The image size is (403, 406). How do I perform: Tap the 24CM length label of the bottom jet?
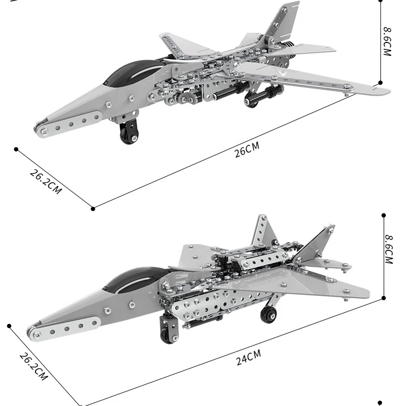(248, 357)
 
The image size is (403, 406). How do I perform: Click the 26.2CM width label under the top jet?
(46, 182)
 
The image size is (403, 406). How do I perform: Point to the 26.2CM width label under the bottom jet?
(33, 366)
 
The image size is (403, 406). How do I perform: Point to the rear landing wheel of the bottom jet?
(268, 314)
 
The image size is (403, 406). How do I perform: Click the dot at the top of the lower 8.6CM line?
(384, 215)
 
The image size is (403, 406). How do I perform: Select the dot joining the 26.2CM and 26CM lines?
(93, 208)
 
